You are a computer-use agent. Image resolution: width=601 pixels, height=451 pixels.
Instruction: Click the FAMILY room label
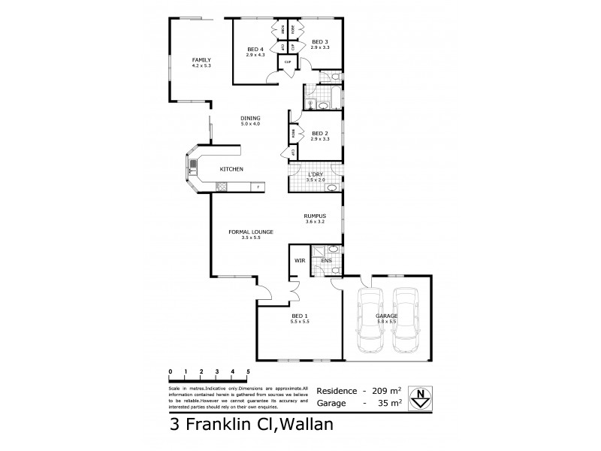[x=201, y=59]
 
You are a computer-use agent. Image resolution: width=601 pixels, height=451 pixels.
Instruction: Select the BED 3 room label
[x=320, y=41]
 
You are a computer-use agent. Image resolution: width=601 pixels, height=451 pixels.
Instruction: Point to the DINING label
[x=250, y=118]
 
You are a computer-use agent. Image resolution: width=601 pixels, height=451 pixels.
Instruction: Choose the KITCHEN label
[x=231, y=169]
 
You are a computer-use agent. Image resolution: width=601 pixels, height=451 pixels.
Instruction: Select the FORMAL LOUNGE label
[x=250, y=232]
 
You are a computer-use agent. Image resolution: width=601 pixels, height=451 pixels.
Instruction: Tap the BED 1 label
[x=300, y=316]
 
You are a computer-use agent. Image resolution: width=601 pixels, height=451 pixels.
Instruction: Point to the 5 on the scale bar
[x=248, y=372]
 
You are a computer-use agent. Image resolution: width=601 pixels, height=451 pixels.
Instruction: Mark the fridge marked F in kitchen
[x=258, y=186]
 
